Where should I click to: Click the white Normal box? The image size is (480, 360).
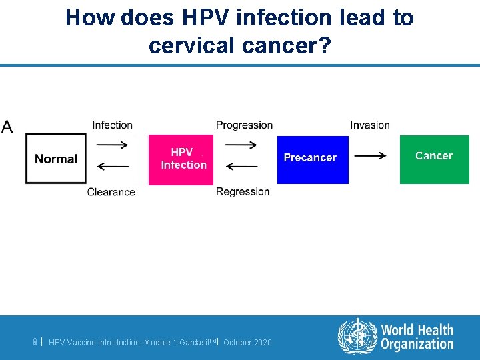click(x=56, y=159)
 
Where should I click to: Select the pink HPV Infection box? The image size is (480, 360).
click(x=181, y=159)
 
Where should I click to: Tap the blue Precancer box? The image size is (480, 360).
click(x=313, y=159)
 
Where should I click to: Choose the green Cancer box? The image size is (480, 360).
click(x=434, y=159)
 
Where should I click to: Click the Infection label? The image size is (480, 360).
click(x=112, y=125)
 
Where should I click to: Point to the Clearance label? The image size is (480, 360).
click(x=111, y=192)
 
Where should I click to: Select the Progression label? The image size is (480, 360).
click(x=244, y=125)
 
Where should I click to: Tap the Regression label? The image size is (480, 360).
click(x=243, y=191)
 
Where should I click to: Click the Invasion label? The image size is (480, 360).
click(x=370, y=125)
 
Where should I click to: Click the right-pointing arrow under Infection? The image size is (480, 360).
click(x=113, y=145)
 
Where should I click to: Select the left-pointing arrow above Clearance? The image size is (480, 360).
click(x=113, y=166)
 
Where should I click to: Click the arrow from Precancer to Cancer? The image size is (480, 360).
click(x=370, y=155)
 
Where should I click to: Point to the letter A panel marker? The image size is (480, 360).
click(x=7, y=127)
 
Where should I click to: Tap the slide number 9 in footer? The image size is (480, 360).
click(x=35, y=341)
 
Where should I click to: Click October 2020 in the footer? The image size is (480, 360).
click(x=247, y=342)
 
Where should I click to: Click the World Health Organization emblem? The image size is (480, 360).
click(x=357, y=336)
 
